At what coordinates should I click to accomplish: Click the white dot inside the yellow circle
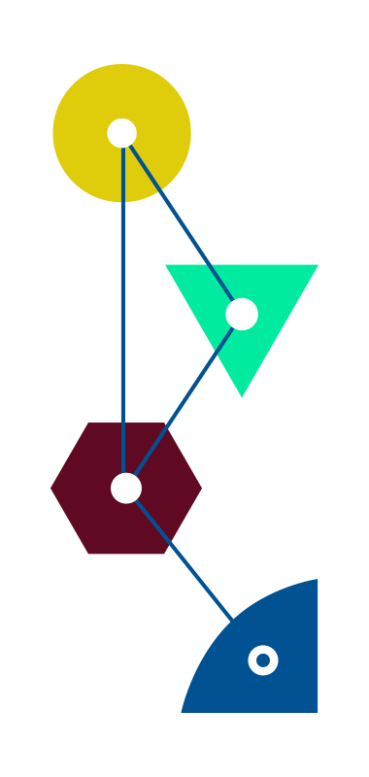coord(121,133)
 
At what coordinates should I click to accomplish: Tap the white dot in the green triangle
coord(242,314)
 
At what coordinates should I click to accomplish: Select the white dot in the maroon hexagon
coord(126,488)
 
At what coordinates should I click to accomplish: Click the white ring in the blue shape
coord(263,660)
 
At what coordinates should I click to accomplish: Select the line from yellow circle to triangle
coord(182,223)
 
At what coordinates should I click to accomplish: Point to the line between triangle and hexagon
coord(184,400)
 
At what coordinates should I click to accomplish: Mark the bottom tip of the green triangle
coord(242,397)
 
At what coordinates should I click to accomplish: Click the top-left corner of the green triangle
coord(165,264)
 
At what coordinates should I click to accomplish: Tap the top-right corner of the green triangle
coord(318,264)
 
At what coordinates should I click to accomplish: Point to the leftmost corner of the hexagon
coord(51,489)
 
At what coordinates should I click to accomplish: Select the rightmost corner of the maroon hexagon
coord(202,489)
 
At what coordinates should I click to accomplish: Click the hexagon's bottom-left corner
coord(88,555)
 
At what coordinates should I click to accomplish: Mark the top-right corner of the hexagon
coord(164,422)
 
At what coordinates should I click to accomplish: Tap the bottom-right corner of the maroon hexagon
coord(164,555)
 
